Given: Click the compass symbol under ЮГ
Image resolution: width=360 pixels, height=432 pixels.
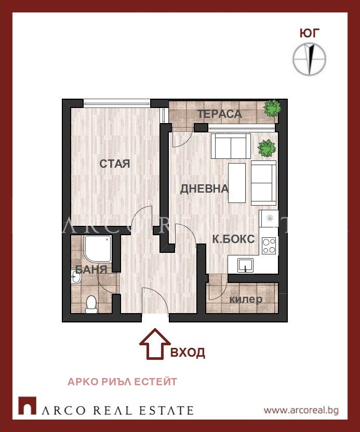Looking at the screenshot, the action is [309, 59].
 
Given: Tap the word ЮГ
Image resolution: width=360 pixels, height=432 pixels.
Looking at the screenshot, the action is [310, 33].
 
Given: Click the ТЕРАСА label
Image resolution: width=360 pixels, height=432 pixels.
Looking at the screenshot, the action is [220, 114].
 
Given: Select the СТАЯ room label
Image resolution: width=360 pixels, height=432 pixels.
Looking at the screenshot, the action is [115, 164].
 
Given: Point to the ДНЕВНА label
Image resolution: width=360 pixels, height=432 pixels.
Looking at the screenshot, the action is [204, 189].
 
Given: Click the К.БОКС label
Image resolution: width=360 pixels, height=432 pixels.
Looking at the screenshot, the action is [233, 239].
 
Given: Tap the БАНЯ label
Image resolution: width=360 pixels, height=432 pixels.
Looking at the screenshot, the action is [91, 269].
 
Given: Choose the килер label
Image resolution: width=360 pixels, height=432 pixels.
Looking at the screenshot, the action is [246, 299].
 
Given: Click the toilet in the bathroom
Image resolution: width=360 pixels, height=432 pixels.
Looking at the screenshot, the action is [91, 304].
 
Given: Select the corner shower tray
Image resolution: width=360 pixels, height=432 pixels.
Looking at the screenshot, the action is [98, 249].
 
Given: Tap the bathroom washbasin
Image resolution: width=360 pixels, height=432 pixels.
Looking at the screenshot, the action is [75, 277].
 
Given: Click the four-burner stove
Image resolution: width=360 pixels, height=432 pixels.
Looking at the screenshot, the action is [269, 246].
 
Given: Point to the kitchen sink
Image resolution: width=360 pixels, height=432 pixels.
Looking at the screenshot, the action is [245, 265].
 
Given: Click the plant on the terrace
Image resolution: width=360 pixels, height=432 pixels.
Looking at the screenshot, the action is [272, 108].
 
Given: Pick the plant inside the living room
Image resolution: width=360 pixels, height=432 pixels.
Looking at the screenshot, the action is [266, 148].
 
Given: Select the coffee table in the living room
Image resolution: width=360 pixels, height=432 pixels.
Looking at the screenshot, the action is [237, 183].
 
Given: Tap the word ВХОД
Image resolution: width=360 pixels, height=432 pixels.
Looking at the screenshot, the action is [188, 353].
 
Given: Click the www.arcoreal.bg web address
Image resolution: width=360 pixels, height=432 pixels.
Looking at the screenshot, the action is [301, 411].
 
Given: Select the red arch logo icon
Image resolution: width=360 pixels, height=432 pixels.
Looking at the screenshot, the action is [28, 406].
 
